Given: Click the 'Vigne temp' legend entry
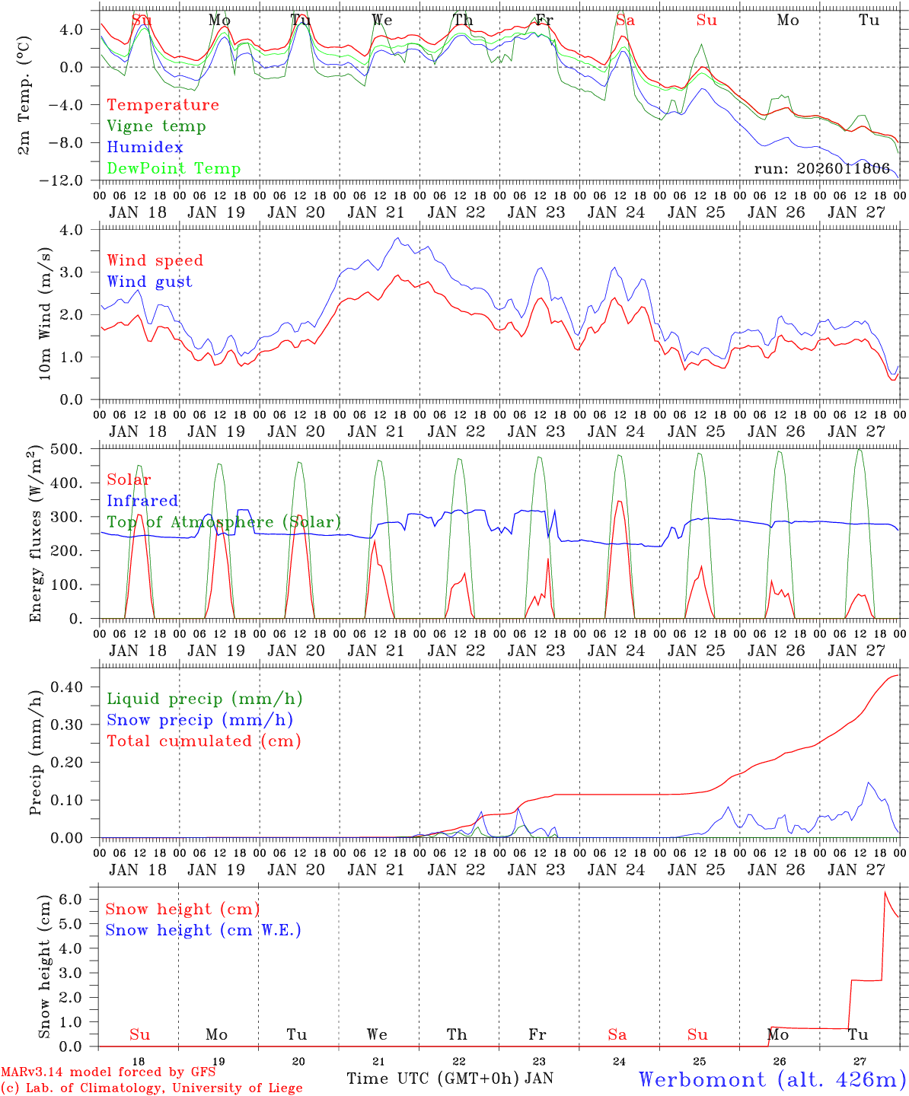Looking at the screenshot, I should [x=156, y=126].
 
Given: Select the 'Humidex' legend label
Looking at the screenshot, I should [x=145, y=148].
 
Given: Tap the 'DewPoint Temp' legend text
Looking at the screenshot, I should [x=174, y=169].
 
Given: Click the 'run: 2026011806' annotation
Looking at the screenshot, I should [x=821, y=169].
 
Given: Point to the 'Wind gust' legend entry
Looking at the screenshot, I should [x=149, y=282].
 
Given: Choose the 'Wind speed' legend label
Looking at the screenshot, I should [x=155, y=260].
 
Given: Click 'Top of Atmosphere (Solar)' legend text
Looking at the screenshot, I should [x=224, y=522].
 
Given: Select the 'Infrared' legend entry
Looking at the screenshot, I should [x=142, y=501].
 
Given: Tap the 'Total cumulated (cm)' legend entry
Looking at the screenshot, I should [x=203, y=741].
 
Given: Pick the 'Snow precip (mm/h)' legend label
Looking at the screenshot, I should [x=199, y=720].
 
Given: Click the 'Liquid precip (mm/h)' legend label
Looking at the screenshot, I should [x=204, y=699].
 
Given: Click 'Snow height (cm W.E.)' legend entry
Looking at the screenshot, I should [x=203, y=930].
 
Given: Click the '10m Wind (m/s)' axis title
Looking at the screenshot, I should [x=46, y=314].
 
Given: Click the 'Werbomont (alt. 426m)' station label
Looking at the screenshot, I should [x=771, y=1079].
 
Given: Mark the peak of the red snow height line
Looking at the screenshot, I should [x=885, y=891].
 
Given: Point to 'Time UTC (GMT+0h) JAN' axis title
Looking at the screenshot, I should [x=449, y=1078].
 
